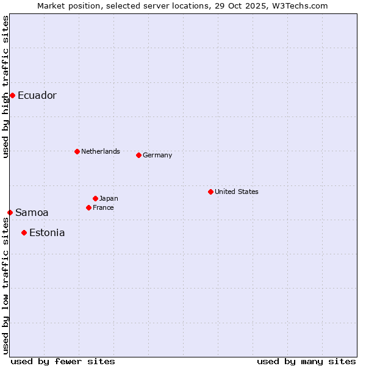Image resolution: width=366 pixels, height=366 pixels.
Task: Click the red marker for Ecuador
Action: click(12, 95)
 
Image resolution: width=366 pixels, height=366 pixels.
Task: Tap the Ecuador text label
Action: click(37, 96)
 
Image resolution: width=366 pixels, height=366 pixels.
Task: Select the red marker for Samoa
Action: click(10, 212)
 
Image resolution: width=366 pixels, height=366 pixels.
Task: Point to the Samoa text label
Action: click(32, 213)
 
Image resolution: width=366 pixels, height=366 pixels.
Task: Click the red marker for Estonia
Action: click(24, 232)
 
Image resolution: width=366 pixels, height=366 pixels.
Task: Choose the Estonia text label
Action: click(47, 233)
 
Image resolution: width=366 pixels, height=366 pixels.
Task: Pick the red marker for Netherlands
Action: click(77, 151)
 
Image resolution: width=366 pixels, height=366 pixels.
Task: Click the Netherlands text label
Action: click(101, 151)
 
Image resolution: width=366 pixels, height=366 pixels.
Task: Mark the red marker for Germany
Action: click(138, 155)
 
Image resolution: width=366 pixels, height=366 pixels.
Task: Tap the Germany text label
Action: click(157, 155)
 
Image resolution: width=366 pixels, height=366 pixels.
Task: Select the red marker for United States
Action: click(210, 192)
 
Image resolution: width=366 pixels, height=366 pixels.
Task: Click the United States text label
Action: click(237, 192)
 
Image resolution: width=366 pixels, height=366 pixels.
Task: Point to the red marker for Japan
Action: click(95, 198)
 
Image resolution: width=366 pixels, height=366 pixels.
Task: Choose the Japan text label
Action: click(109, 198)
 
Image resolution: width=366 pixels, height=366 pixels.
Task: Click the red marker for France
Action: click(88, 207)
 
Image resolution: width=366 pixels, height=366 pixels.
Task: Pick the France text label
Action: click(103, 207)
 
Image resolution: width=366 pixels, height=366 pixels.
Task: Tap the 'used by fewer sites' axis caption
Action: click(63, 361)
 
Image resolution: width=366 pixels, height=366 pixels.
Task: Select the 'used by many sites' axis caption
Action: click(306, 361)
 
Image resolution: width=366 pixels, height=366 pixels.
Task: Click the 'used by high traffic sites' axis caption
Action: click(5, 87)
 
